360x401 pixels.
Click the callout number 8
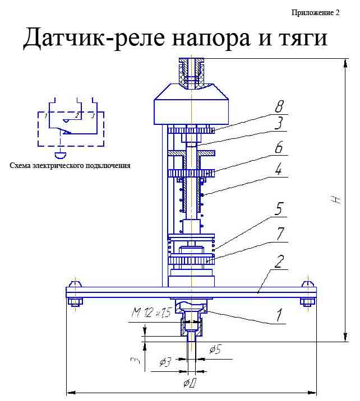279,106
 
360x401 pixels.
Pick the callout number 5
279,213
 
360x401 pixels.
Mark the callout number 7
279,232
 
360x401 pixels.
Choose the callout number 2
278,262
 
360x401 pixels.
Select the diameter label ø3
165,362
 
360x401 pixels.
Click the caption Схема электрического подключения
70,166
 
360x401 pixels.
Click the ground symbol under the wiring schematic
59,154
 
